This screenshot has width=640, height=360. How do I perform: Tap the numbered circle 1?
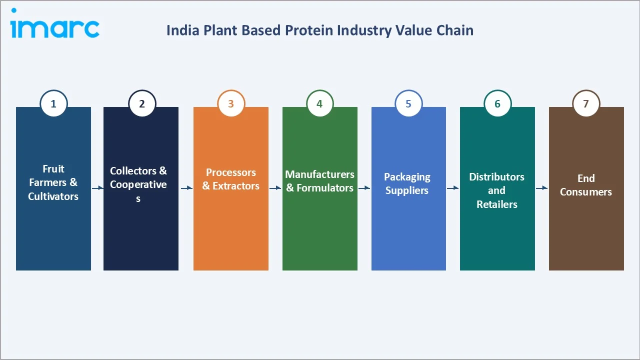tap(53, 103)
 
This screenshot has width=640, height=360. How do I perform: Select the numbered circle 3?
tap(231, 103)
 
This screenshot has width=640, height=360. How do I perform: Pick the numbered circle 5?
tap(408, 103)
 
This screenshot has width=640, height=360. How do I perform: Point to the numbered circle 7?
tap(586, 103)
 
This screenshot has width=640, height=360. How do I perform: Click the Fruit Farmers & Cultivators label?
tap(53, 182)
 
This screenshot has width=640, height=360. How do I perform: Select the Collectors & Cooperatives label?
tap(138, 184)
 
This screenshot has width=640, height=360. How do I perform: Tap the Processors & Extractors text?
tap(231, 179)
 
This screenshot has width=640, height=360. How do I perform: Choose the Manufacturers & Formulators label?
tap(320, 181)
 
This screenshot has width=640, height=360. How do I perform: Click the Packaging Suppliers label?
tap(407, 183)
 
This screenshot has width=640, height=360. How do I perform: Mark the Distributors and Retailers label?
tap(497, 190)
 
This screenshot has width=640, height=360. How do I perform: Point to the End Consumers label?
tap(586, 185)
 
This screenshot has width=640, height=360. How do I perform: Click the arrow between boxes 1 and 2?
tap(97, 188)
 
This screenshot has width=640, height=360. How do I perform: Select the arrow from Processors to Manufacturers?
tap(275, 188)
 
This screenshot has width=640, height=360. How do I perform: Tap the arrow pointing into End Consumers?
tap(542, 188)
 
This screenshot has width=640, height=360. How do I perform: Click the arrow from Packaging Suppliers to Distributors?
tap(453, 188)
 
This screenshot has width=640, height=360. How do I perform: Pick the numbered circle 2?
tap(142, 103)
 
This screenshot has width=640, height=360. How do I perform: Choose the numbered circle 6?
tap(497, 103)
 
